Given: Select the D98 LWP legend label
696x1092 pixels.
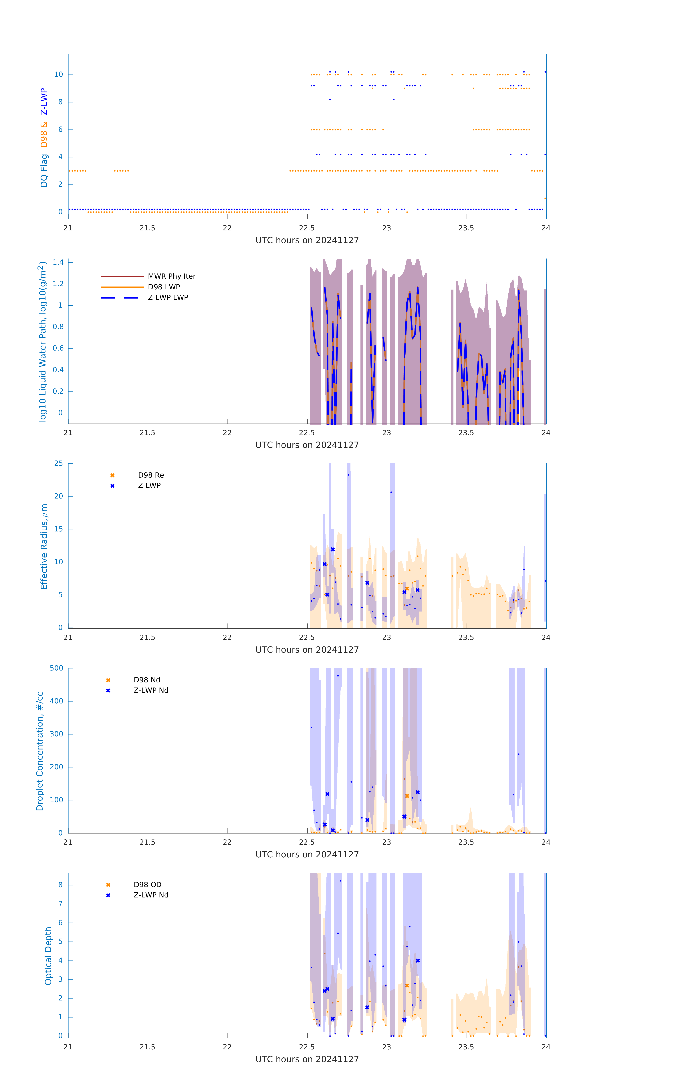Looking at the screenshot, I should coord(164,287).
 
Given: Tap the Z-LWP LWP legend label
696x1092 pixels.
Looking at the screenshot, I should coord(168,298).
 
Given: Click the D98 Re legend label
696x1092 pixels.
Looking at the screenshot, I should coord(151,475).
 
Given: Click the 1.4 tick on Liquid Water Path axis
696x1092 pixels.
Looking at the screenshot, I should coord(58,262).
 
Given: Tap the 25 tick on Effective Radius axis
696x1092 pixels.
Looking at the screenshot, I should coord(58,464).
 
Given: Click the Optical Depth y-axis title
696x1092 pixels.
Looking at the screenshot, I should coord(48,956).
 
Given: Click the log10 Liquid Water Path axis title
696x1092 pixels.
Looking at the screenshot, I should coord(42,341).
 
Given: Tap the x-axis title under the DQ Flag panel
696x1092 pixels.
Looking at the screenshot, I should coord(307,240).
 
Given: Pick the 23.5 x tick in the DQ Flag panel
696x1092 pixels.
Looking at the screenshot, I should coord(466,228).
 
